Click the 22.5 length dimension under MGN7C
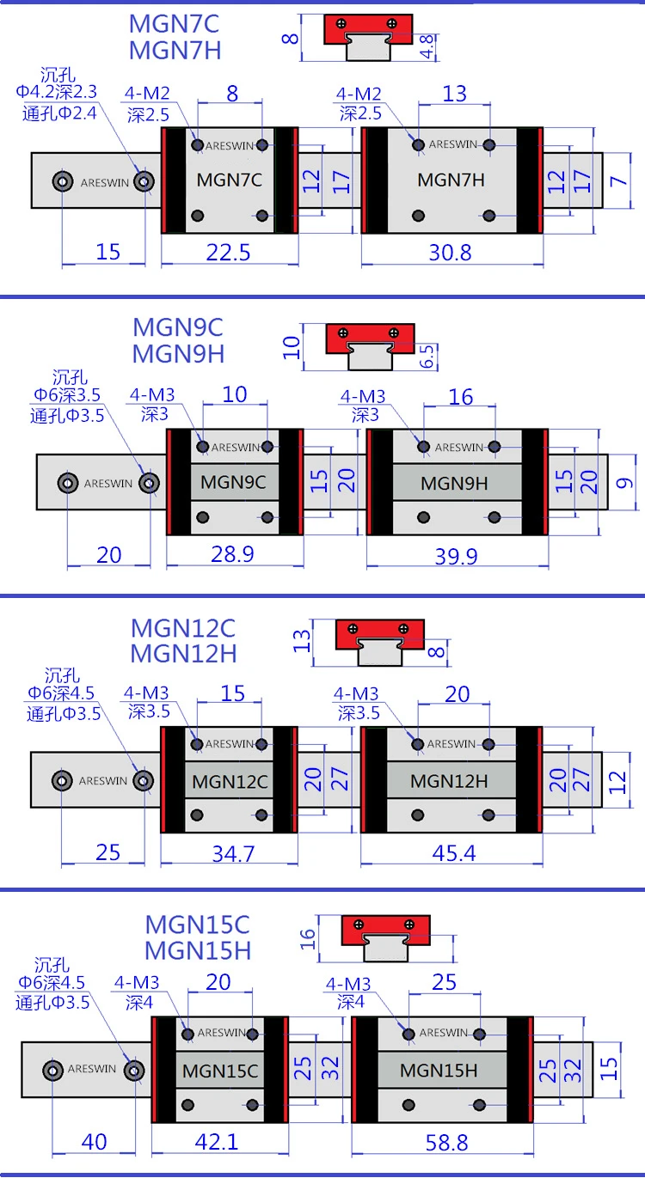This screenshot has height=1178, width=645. point(229,252)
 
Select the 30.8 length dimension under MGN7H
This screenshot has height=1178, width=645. point(451,252)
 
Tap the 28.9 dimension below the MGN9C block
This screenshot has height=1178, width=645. point(232,554)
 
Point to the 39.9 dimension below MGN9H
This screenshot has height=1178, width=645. point(456,556)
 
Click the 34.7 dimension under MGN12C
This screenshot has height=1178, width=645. point(229,853)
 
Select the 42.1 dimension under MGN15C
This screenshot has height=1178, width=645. point(217,1142)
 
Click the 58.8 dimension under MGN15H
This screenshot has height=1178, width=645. point(445,1142)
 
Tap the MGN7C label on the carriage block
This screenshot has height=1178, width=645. point(229,180)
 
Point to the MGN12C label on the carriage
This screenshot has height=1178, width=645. point(230,782)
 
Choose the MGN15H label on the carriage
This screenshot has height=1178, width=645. point(439,1071)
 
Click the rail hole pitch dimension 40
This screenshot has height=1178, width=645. point(95,1142)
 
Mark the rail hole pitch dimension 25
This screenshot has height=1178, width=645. point(108,852)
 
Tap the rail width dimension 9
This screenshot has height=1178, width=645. point(625,483)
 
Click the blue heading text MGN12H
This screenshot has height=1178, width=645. point(183,653)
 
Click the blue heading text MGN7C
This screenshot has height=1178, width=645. point(175,23)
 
